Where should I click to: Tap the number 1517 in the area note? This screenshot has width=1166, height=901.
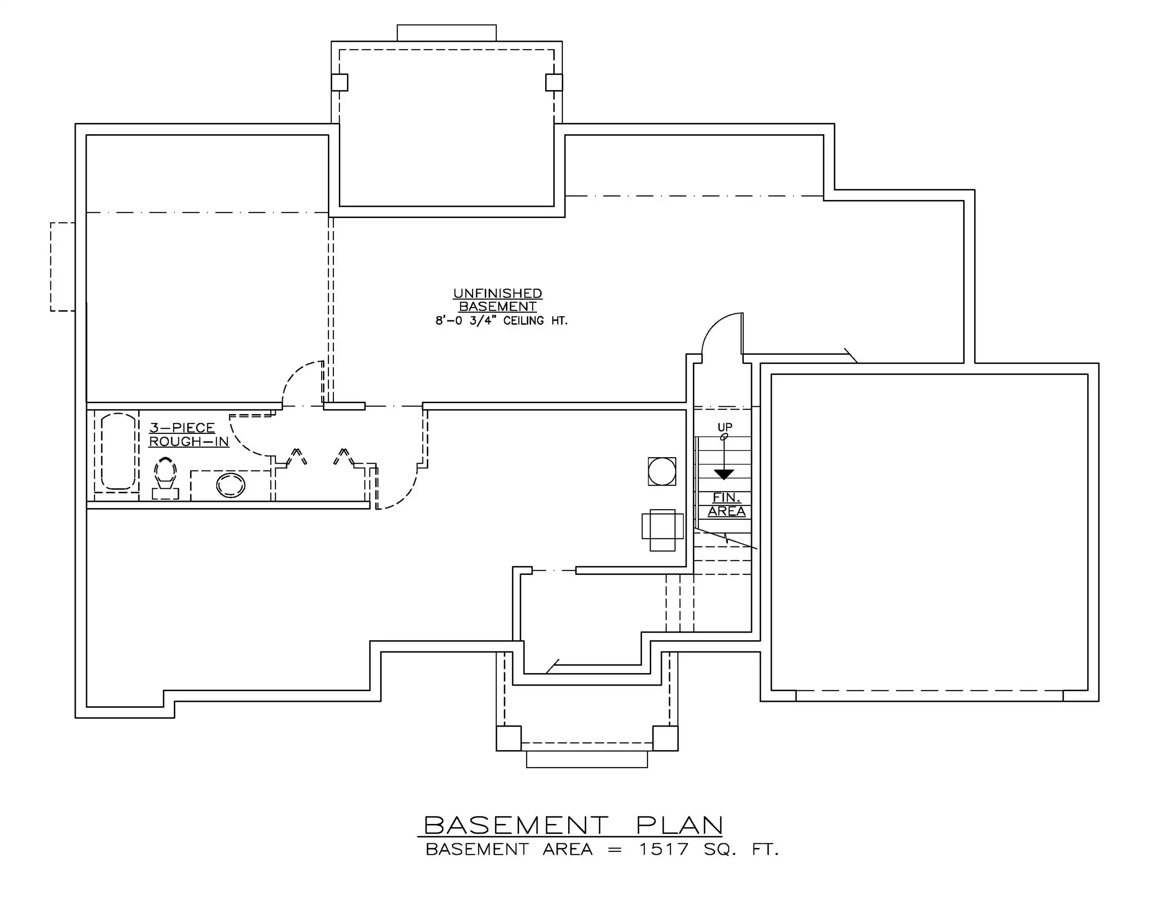click(664, 849)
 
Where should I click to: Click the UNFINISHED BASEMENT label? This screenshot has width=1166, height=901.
click(497, 300)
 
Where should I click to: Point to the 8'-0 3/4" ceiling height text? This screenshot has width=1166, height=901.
click(501, 321)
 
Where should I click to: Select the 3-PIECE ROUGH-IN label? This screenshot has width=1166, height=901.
click(188, 434)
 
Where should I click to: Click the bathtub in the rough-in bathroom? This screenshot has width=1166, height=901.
click(118, 451)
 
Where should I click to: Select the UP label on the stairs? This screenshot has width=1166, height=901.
click(724, 427)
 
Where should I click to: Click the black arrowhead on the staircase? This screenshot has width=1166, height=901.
click(724, 474)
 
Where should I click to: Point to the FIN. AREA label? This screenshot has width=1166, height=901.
click(727, 505)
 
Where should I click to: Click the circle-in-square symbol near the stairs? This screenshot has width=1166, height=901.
click(662, 471)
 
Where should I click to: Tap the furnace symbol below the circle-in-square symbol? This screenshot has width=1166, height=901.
click(663, 530)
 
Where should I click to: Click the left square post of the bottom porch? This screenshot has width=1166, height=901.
click(509, 738)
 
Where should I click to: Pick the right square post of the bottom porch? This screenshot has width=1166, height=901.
click(665, 738)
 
